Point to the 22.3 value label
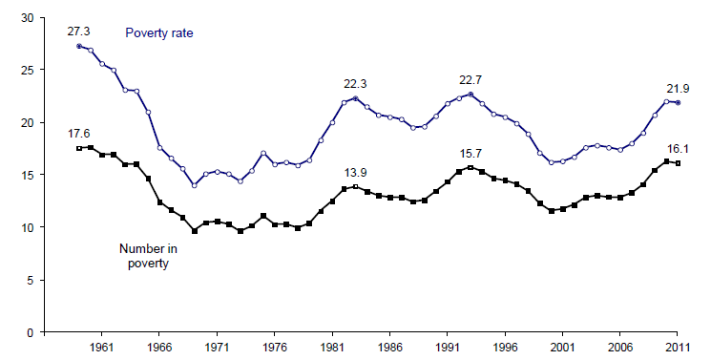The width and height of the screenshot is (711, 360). tap(356, 84)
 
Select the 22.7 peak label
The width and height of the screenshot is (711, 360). tap(471, 80)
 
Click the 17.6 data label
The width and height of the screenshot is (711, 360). tap(78, 135)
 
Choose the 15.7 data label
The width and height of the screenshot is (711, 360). tap(471, 154)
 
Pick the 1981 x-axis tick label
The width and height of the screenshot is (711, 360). tap(332, 349)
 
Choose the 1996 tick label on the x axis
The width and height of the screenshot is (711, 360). tap(506, 349)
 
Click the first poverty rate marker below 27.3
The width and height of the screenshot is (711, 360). tap(79, 46)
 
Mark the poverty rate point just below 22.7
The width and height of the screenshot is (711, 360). tap(471, 95)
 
